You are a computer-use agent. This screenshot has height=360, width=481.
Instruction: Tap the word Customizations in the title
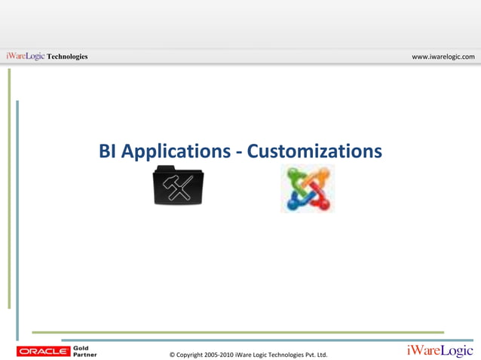[314, 151]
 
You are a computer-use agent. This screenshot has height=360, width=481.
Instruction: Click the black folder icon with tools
[178, 186]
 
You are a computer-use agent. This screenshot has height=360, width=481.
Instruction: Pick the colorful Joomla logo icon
[307, 188]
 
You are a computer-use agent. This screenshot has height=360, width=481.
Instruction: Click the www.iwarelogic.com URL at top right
[443, 56]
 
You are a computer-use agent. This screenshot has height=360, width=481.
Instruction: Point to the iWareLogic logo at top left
[25, 56]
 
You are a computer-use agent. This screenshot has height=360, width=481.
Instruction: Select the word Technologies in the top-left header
[67, 56]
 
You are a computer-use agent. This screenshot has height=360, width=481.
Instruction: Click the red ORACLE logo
[43, 351]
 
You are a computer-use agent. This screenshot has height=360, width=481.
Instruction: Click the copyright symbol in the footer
[172, 354]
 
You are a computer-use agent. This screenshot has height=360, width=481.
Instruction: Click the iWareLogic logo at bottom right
[440, 350]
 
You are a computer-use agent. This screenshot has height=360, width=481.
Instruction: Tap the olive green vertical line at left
[9, 188]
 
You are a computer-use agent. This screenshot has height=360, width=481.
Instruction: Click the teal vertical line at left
[17, 218]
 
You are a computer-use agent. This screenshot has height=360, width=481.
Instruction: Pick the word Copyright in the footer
[191, 354]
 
